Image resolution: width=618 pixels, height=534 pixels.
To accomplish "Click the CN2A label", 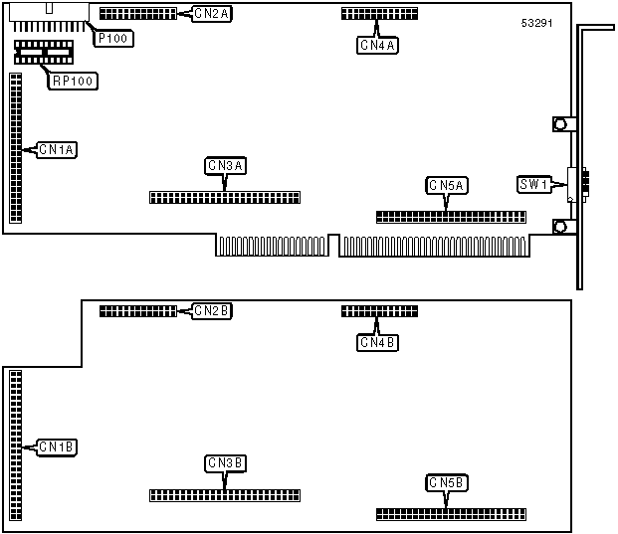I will (x=211, y=14).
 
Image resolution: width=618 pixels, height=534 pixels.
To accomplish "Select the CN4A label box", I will (x=378, y=45).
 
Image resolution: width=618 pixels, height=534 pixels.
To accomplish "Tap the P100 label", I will (x=114, y=38).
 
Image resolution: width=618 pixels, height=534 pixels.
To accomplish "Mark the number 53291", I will (x=536, y=21).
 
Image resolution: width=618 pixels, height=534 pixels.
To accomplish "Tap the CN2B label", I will (x=211, y=311).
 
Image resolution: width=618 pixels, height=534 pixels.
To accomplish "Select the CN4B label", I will (x=378, y=343).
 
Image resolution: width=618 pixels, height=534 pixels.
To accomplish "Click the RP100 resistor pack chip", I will (x=43, y=52).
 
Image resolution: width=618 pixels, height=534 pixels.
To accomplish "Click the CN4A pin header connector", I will (x=379, y=14).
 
